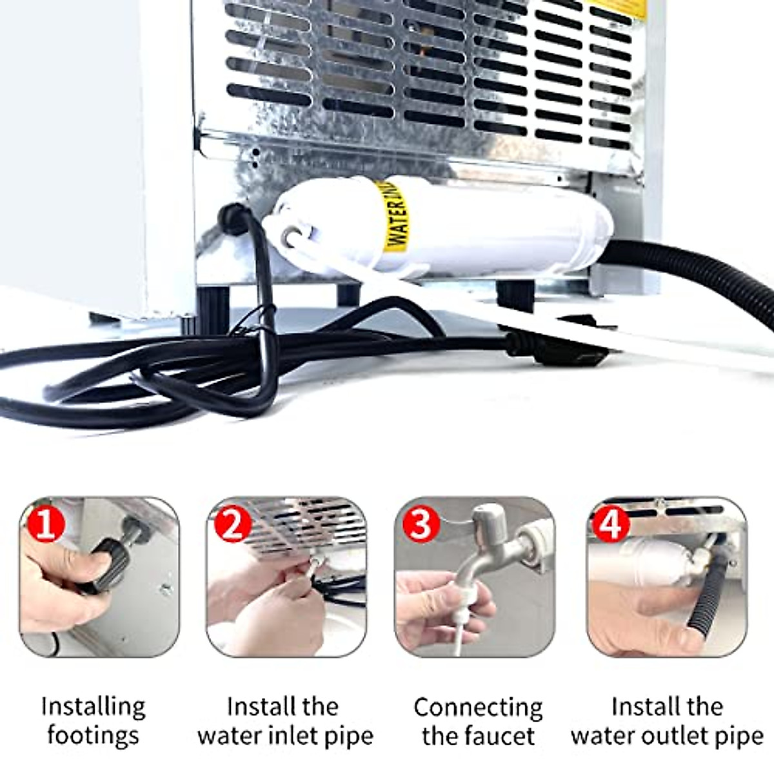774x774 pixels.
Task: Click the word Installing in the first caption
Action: [93, 707]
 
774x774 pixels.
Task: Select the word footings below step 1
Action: [93, 735]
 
